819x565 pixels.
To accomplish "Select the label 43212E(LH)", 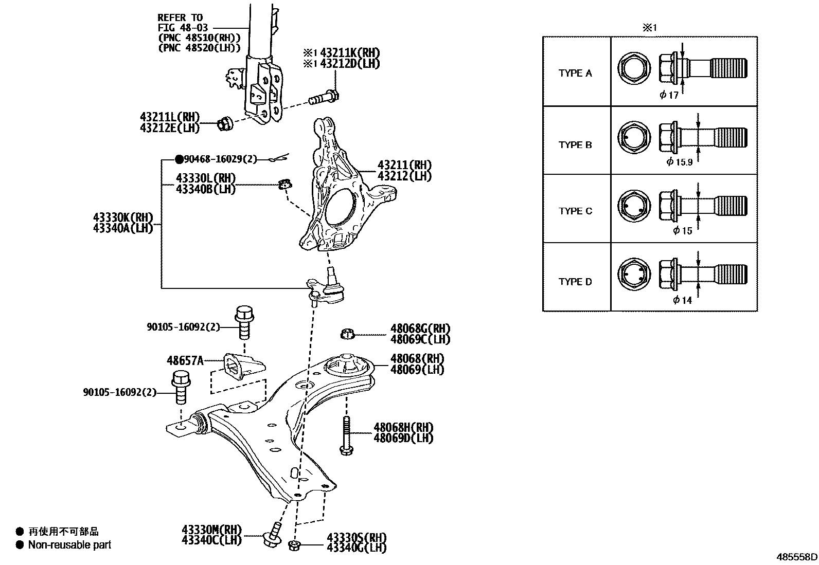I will [169, 128].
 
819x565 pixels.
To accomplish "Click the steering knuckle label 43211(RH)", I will [404, 166].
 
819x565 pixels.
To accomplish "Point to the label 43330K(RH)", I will [123, 217].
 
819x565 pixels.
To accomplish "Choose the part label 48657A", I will [185, 360].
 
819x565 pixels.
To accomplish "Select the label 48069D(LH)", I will [403, 438].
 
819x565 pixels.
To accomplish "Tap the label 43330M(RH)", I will [211, 530].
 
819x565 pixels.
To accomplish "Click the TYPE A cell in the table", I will [576, 73].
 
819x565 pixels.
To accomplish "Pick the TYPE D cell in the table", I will [576, 282].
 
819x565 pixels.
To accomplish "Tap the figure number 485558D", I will [796, 557].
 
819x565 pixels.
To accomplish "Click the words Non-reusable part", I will [69, 545].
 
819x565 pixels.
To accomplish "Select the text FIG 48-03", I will [180, 28].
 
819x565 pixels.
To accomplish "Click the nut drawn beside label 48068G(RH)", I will [347, 334].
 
